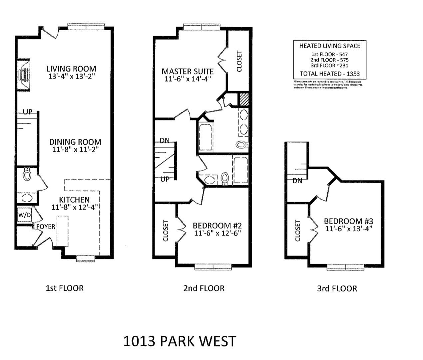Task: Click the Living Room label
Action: coord(71,69)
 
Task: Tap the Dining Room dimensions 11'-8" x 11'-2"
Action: coord(75,150)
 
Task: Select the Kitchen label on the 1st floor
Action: coord(74,200)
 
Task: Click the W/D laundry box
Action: coord(24,215)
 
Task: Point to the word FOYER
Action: coord(46,227)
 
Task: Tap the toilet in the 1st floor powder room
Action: coord(27,174)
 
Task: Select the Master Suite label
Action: coord(188,71)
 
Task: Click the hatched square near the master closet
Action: coord(244,99)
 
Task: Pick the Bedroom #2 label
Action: coord(217,226)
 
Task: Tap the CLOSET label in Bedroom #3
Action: coord(298,231)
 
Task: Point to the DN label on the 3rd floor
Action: coord(297,181)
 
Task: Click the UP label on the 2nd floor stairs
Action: coord(165,179)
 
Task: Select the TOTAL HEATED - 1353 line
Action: coord(329,74)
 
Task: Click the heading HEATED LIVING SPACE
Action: coord(329,46)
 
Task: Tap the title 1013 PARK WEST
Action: coord(180,341)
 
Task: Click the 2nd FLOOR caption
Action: coord(204,288)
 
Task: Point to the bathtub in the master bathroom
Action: coord(207,137)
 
